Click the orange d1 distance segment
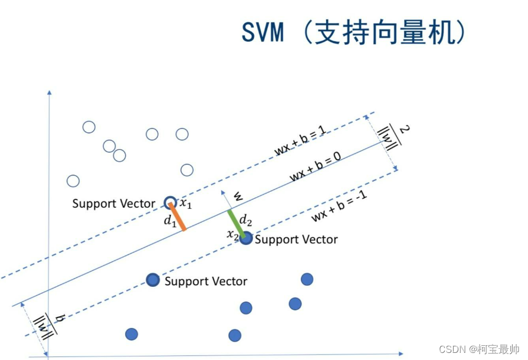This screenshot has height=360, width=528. tap(178, 217)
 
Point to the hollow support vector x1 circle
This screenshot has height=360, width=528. tap(170, 202)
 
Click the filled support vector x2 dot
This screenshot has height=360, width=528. tap(246, 238)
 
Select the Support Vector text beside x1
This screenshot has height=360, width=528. tap(114, 204)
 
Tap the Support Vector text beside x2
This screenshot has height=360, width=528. tap(296, 240)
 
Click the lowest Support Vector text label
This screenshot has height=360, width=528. tap(205, 282)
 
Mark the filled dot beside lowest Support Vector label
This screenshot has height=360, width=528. tap(153, 280)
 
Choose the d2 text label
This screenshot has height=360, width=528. tap(245, 221)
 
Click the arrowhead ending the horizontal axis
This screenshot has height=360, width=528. tap(401, 354)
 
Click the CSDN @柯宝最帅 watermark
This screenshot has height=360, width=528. tap(479, 349)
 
